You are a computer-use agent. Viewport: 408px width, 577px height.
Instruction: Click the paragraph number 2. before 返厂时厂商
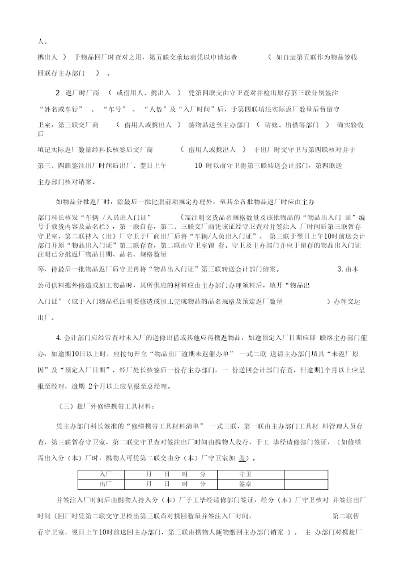coord(58,93)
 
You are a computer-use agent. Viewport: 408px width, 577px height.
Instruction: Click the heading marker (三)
coord(65,406)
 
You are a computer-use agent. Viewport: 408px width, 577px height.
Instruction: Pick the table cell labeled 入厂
coord(105,473)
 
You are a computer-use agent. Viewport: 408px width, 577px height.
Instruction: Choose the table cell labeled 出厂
coord(105,484)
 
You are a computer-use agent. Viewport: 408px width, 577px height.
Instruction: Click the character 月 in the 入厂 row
coord(148,473)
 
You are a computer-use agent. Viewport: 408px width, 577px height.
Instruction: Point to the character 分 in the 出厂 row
coord(203,484)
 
